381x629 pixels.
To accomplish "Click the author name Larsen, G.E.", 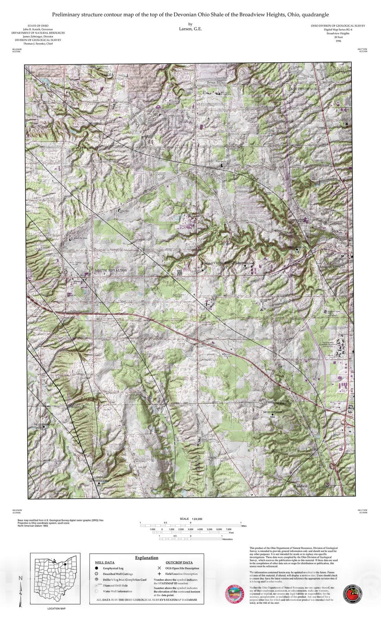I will (x=190, y=29).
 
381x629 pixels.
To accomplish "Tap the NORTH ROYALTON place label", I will (x=111, y=270).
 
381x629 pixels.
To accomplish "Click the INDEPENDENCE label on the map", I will (x=303, y=89).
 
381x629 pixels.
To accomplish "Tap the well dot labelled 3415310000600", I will (x=272, y=414).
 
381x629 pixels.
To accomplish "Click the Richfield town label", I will (x=301, y=486).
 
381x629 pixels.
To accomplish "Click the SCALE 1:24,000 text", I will (x=191, y=519).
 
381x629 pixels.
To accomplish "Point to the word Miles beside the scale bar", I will (x=244, y=526).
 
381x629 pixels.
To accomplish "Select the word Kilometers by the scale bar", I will (x=227, y=539).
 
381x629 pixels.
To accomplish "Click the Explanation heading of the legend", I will (x=147, y=557).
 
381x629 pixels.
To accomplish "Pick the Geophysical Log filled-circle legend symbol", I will (x=96, y=568).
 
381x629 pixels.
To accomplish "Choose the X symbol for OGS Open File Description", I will (x=159, y=568).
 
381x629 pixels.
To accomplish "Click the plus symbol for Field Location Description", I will (x=159, y=574).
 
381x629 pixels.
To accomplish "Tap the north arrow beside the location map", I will (x=21, y=590).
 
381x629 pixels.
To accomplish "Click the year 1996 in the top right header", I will (x=338, y=41).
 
